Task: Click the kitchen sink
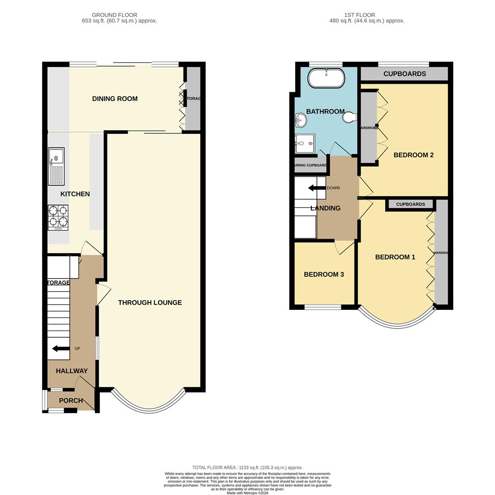click(56, 166)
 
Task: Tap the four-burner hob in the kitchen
click(58, 217)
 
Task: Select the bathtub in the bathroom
click(326, 78)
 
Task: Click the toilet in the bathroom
click(349, 118)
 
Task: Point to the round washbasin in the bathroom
click(301, 121)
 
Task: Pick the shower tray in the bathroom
click(305, 143)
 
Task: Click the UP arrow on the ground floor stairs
click(61, 349)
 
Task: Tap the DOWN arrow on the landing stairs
click(316, 188)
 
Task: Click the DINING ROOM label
click(115, 99)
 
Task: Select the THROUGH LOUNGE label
click(150, 302)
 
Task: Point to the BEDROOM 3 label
click(324, 275)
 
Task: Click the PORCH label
click(71, 401)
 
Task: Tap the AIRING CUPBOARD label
click(310, 165)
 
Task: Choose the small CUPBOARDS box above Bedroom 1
click(410, 204)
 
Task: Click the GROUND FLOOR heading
click(114, 15)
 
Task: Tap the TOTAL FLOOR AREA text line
click(247, 467)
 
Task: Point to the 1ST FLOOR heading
click(360, 15)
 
